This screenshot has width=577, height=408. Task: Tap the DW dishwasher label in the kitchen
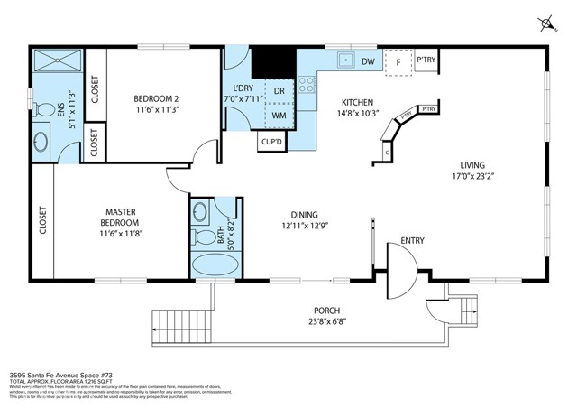(x=368, y=61)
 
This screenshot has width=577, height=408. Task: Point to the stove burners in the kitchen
(x=307, y=86)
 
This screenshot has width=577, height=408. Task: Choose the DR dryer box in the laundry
(x=279, y=92)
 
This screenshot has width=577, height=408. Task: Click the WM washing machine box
(x=279, y=116)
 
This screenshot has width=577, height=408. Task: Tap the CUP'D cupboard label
(x=271, y=142)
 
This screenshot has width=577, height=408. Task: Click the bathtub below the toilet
(x=215, y=266)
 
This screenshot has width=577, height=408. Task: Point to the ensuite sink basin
(x=41, y=143)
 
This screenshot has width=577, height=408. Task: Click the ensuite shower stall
(x=57, y=62)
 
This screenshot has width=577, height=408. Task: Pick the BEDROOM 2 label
(x=157, y=99)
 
